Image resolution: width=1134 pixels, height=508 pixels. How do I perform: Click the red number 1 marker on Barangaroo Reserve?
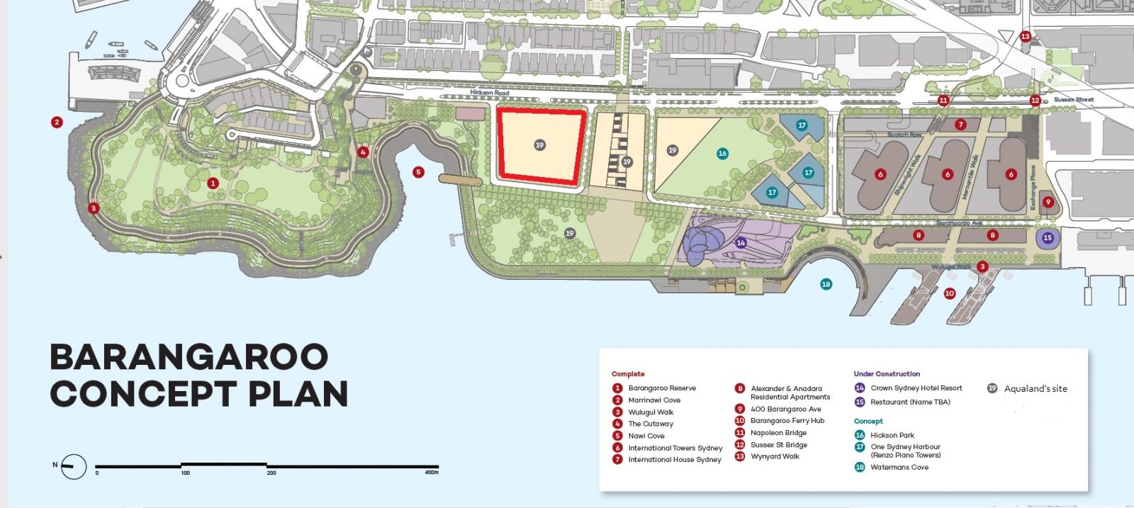pyautogui.click(x=213, y=183)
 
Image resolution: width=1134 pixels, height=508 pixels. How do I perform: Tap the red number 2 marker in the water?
pyautogui.click(x=57, y=122)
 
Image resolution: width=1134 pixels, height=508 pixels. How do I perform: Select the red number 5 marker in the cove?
pyautogui.click(x=418, y=172)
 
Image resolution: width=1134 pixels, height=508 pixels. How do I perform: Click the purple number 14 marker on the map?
pyautogui.click(x=741, y=242)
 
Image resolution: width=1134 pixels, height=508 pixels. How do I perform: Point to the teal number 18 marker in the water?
pyautogui.click(x=826, y=284)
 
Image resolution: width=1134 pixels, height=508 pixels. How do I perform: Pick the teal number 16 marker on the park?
pyautogui.click(x=722, y=153)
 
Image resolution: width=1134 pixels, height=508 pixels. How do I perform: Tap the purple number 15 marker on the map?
pyautogui.click(x=1048, y=238)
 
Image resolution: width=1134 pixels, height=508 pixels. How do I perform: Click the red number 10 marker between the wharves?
pyautogui.click(x=950, y=293)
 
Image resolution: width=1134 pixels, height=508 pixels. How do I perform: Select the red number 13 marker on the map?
pyautogui.click(x=1025, y=36)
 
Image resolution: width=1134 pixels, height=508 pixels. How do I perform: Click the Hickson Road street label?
pyautogui.click(x=489, y=93)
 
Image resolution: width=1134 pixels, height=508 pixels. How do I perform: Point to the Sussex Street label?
pyautogui.click(x=1073, y=100)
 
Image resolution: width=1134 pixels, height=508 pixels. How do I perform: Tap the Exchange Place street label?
pyautogui.click(x=1033, y=187)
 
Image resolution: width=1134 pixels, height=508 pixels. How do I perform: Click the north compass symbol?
pyautogui.click(x=73, y=466)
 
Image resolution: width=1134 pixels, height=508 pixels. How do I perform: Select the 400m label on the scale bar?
pyautogui.click(x=431, y=473)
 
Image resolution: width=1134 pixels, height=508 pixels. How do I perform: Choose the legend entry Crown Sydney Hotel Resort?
pyautogui.click(x=916, y=388)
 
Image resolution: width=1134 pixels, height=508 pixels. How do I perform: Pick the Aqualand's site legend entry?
pyautogui.click(x=1035, y=388)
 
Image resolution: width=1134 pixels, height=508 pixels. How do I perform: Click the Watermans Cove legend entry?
pyautogui.click(x=899, y=468)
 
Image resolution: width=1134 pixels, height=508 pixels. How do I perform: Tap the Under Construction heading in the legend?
pyautogui.click(x=887, y=373)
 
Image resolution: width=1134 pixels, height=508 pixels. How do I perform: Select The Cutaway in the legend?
pyautogui.click(x=651, y=424)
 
